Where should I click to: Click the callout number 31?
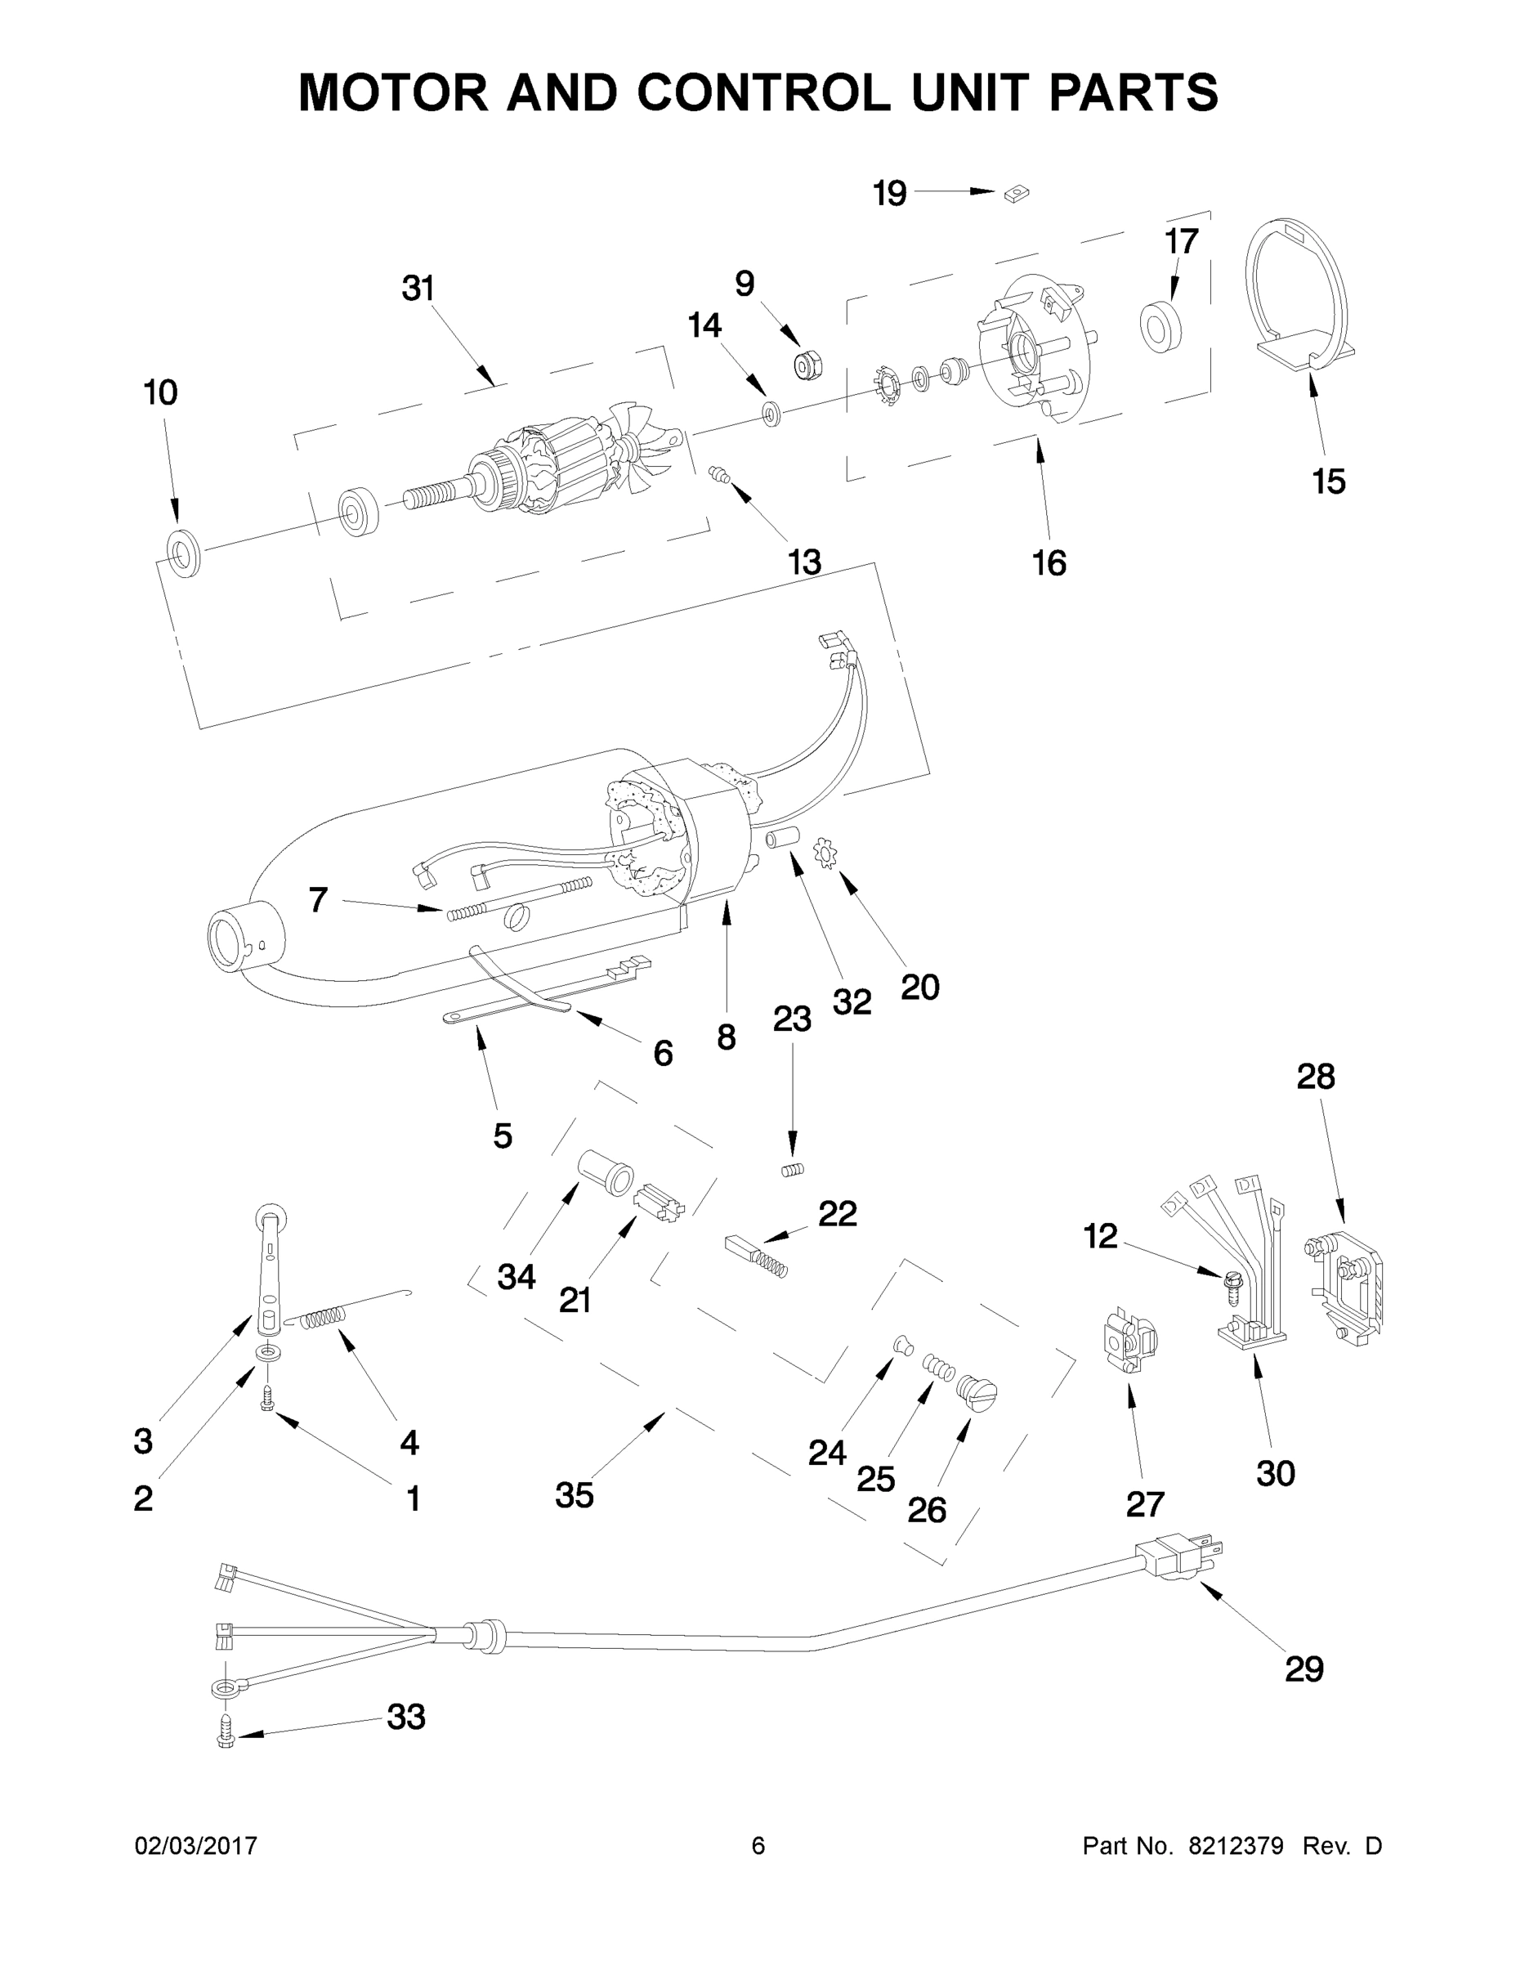418,289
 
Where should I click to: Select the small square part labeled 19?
1017,192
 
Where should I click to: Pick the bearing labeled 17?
1161,327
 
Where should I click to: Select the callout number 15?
1328,482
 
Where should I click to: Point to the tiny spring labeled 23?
791,1170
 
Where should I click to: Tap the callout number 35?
574,1495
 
